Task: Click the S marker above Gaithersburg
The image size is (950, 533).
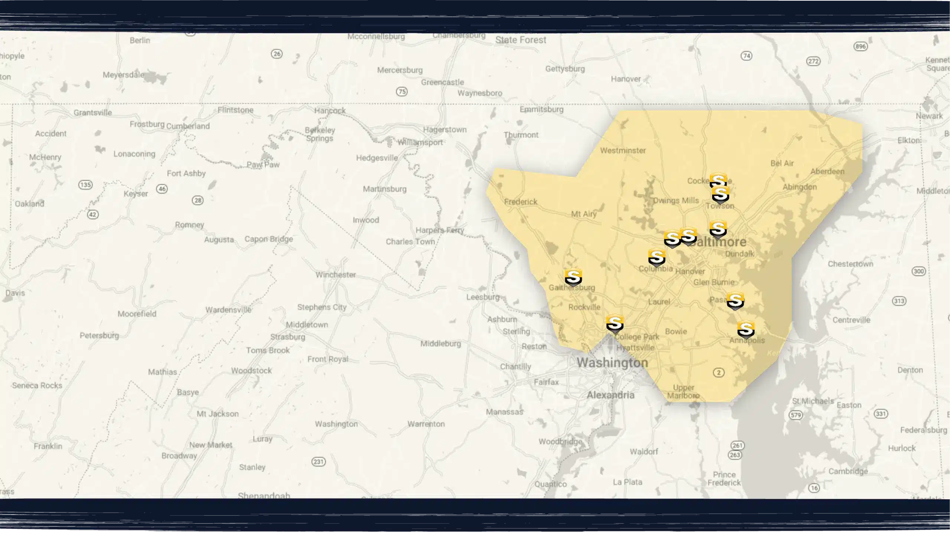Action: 573,277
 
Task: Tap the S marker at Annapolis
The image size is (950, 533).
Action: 746,329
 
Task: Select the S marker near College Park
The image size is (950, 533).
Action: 615,323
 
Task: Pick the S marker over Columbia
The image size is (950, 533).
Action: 656,257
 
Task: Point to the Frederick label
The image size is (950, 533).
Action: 521,202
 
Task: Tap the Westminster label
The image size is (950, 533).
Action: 623,151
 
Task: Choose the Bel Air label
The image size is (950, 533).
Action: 782,163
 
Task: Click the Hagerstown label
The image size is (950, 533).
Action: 445,129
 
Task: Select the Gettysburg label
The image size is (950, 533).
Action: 565,69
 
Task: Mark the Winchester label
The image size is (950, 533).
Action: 335,275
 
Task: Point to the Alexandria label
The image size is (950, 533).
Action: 610,395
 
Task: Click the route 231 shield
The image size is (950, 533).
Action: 318,462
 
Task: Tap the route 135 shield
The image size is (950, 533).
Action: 85,185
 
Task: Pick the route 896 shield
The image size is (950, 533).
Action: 861,46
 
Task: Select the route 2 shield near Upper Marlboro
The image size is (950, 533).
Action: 719,372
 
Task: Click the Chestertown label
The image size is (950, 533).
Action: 851,264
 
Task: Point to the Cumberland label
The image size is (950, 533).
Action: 188,126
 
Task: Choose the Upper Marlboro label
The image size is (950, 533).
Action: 683,392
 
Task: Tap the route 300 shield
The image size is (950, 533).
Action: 918,271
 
